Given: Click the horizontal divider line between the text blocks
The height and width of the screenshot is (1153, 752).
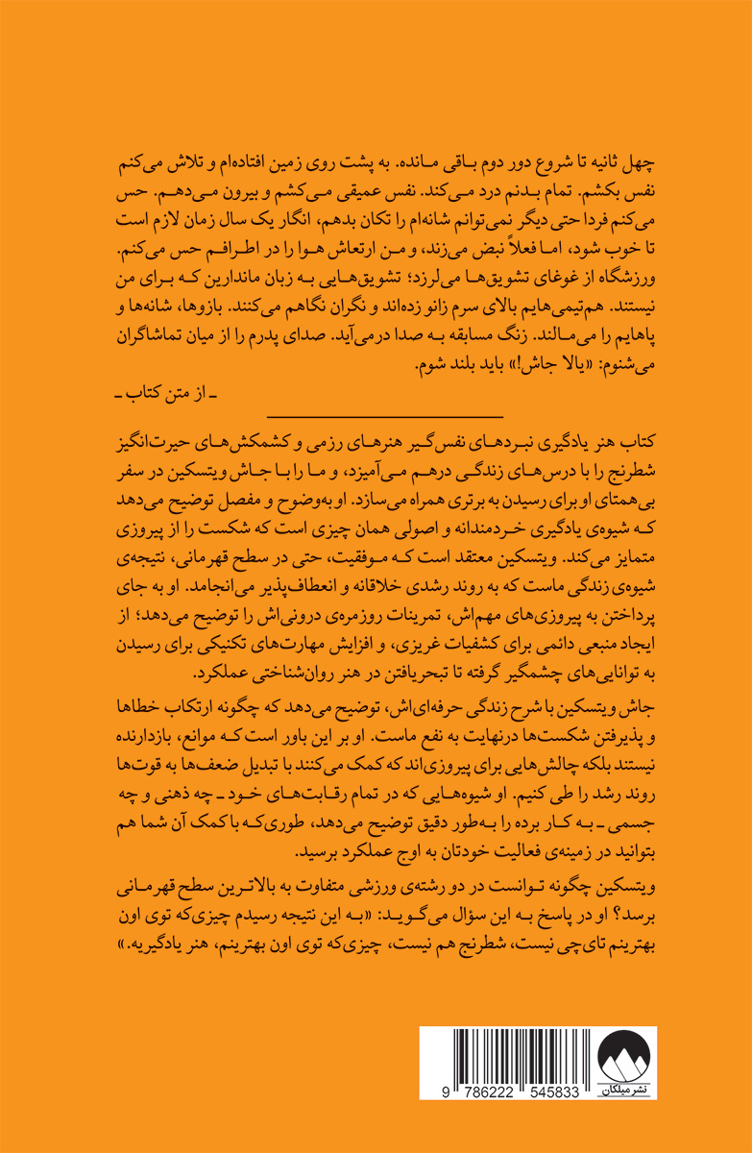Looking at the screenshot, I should click(385, 416).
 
